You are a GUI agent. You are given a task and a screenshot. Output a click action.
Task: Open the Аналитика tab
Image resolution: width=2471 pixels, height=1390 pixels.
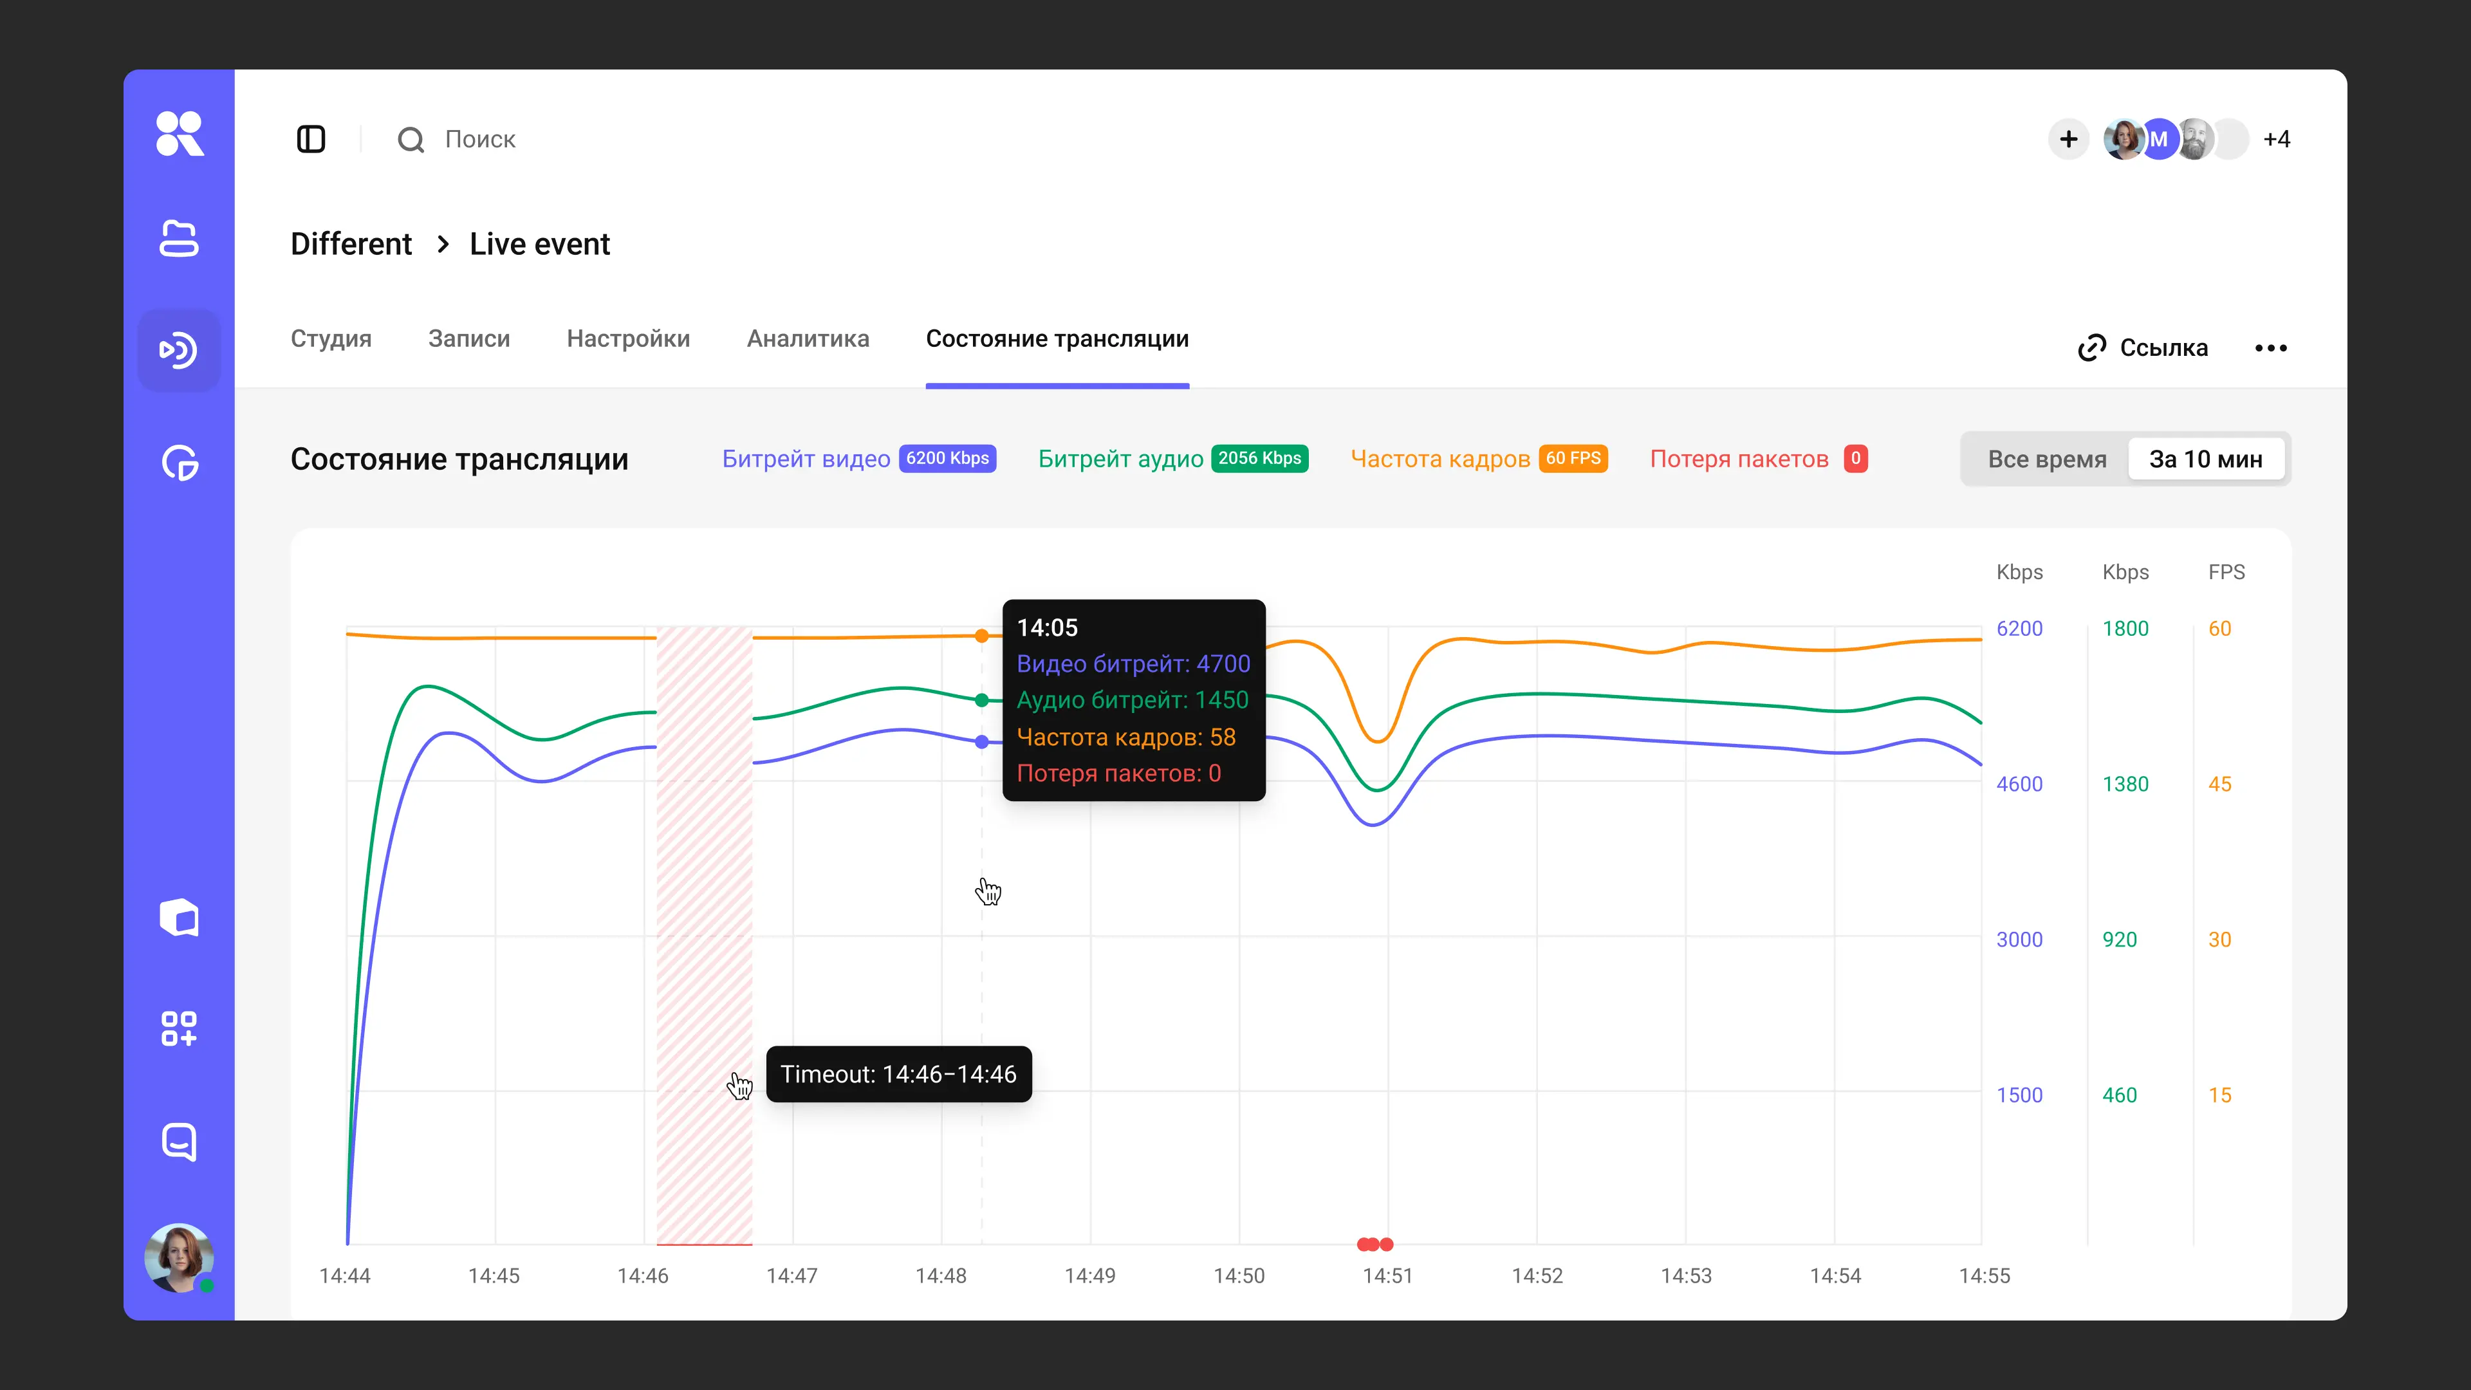pyautogui.click(x=808, y=338)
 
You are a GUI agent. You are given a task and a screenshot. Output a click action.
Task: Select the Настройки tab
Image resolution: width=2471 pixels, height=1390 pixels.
pyautogui.click(x=628, y=338)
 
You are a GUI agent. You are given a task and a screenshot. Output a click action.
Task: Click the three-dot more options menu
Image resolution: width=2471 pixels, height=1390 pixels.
pyautogui.click(x=2270, y=347)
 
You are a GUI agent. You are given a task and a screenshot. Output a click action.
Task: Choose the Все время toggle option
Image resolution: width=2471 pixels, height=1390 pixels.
pyautogui.click(x=2047, y=459)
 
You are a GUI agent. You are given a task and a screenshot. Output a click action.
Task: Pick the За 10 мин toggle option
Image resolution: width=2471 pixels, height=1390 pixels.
pyautogui.click(x=2205, y=459)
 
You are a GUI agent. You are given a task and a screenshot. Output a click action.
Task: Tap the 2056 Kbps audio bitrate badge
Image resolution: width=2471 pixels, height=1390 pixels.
pyautogui.click(x=1259, y=459)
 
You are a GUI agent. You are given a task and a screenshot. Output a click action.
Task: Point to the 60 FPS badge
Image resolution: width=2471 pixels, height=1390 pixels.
pyautogui.click(x=1573, y=459)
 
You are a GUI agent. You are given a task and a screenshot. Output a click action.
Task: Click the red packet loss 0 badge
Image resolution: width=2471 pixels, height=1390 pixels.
pyautogui.click(x=1855, y=459)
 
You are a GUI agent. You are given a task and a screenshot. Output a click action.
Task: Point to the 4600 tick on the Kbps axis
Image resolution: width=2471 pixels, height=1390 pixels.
pyautogui.click(x=2019, y=784)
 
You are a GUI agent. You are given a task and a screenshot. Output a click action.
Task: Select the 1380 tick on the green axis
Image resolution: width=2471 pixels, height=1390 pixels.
pyautogui.click(x=2125, y=784)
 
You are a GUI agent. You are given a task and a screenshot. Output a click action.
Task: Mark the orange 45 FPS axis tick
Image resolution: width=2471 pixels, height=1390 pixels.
pyautogui.click(x=2219, y=784)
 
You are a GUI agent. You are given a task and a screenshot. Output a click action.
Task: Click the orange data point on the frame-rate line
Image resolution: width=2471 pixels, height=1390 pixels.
pyautogui.click(x=981, y=636)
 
